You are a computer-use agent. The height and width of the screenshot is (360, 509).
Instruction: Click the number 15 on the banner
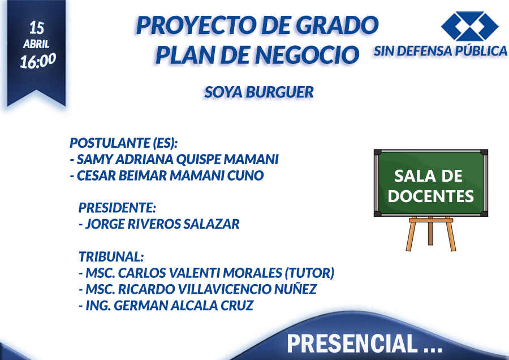click(36, 28)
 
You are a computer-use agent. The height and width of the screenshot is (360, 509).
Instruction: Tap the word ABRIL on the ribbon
click(36, 44)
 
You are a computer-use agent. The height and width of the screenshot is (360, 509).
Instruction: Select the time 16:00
click(38, 61)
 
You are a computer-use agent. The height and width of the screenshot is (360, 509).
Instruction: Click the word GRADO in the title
click(337, 25)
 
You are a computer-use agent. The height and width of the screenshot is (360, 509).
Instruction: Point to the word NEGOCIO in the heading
click(307, 55)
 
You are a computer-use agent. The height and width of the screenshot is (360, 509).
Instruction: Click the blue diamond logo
click(469, 27)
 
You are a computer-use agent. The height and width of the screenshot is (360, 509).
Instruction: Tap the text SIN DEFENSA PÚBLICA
click(441, 51)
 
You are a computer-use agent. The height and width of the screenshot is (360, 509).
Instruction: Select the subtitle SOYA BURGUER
click(259, 92)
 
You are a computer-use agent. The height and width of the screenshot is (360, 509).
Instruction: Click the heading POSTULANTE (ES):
click(124, 143)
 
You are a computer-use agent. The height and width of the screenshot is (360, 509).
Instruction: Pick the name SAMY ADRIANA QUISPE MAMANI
click(178, 159)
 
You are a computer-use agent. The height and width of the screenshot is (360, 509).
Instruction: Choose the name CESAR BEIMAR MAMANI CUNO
click(170, 175)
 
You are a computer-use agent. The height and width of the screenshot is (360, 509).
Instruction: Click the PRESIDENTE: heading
click(117, 208)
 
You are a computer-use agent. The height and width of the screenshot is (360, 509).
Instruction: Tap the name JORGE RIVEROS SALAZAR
click(162, 224)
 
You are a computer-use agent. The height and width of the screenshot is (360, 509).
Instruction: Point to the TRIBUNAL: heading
click(111, 256)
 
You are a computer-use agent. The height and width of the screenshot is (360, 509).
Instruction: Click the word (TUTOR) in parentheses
click(310, 273)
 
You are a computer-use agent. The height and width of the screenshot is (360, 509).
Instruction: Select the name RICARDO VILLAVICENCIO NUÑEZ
click(217, 289)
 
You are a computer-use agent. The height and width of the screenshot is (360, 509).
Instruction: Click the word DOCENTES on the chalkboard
click(431, 196)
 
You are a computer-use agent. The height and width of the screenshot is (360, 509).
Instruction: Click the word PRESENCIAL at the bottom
click(352, 344)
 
